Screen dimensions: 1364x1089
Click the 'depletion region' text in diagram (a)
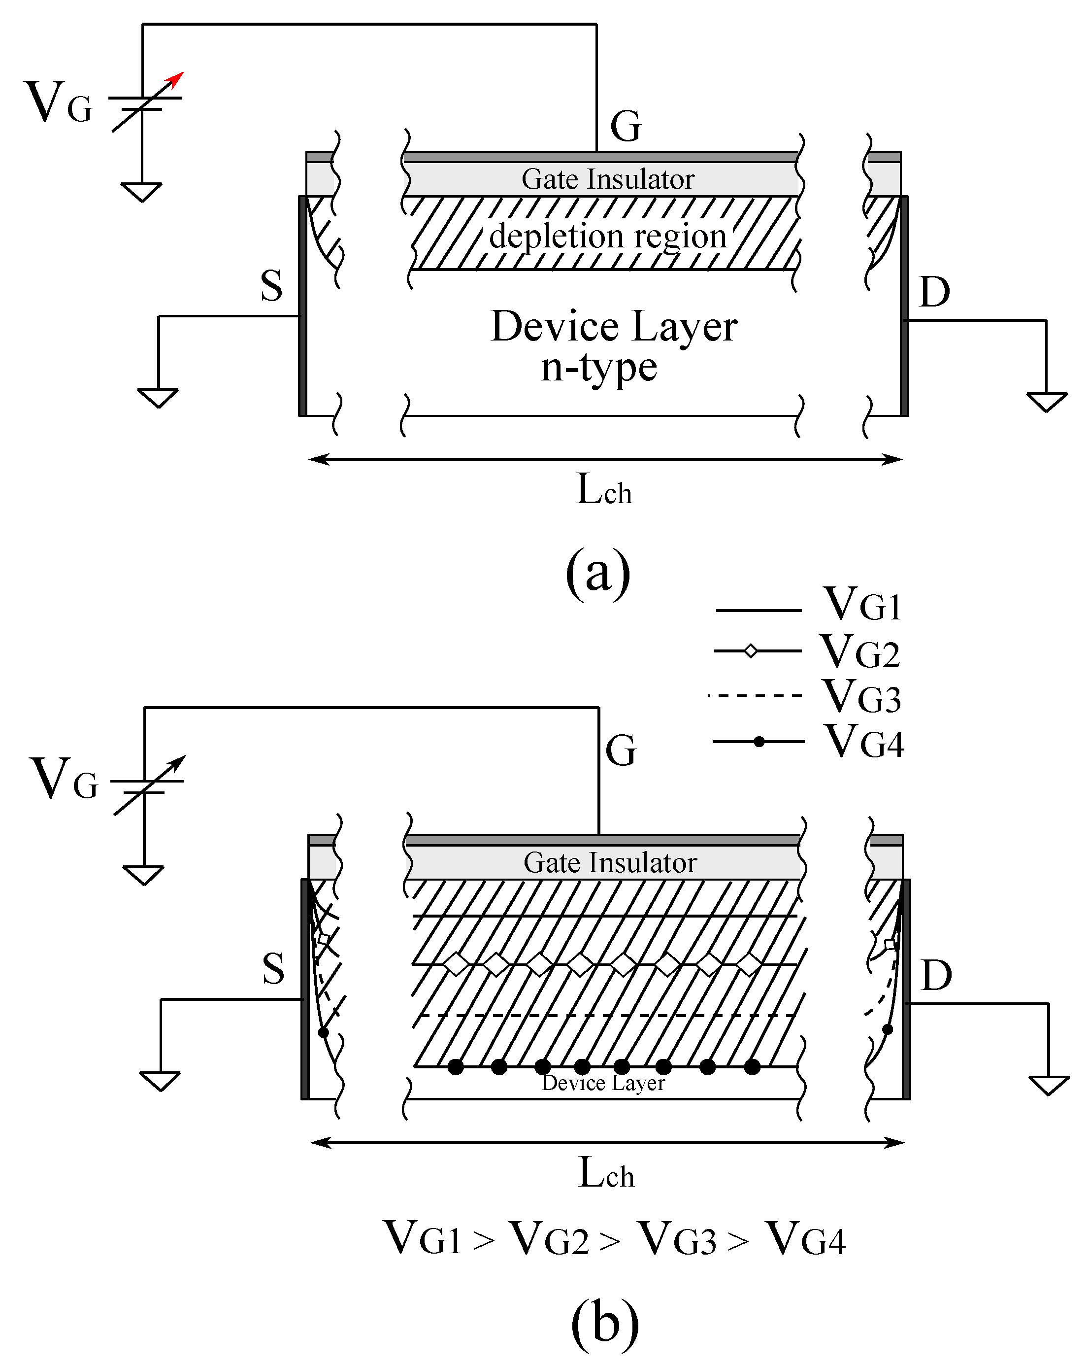(607, 237)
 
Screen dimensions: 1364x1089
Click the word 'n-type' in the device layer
(598, 368)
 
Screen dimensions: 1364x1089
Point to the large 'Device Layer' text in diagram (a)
(613, 327)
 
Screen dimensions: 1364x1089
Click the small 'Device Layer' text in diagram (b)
(603, 1084)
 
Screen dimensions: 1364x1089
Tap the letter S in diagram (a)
(271, 286)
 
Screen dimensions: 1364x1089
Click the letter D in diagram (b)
(936, 976)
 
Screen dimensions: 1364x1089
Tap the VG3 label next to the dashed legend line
(861, 697)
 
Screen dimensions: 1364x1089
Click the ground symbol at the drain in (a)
(1046, 402)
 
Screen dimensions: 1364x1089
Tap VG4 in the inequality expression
(804, 1239)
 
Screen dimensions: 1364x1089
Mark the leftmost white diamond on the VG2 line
(456, 964)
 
